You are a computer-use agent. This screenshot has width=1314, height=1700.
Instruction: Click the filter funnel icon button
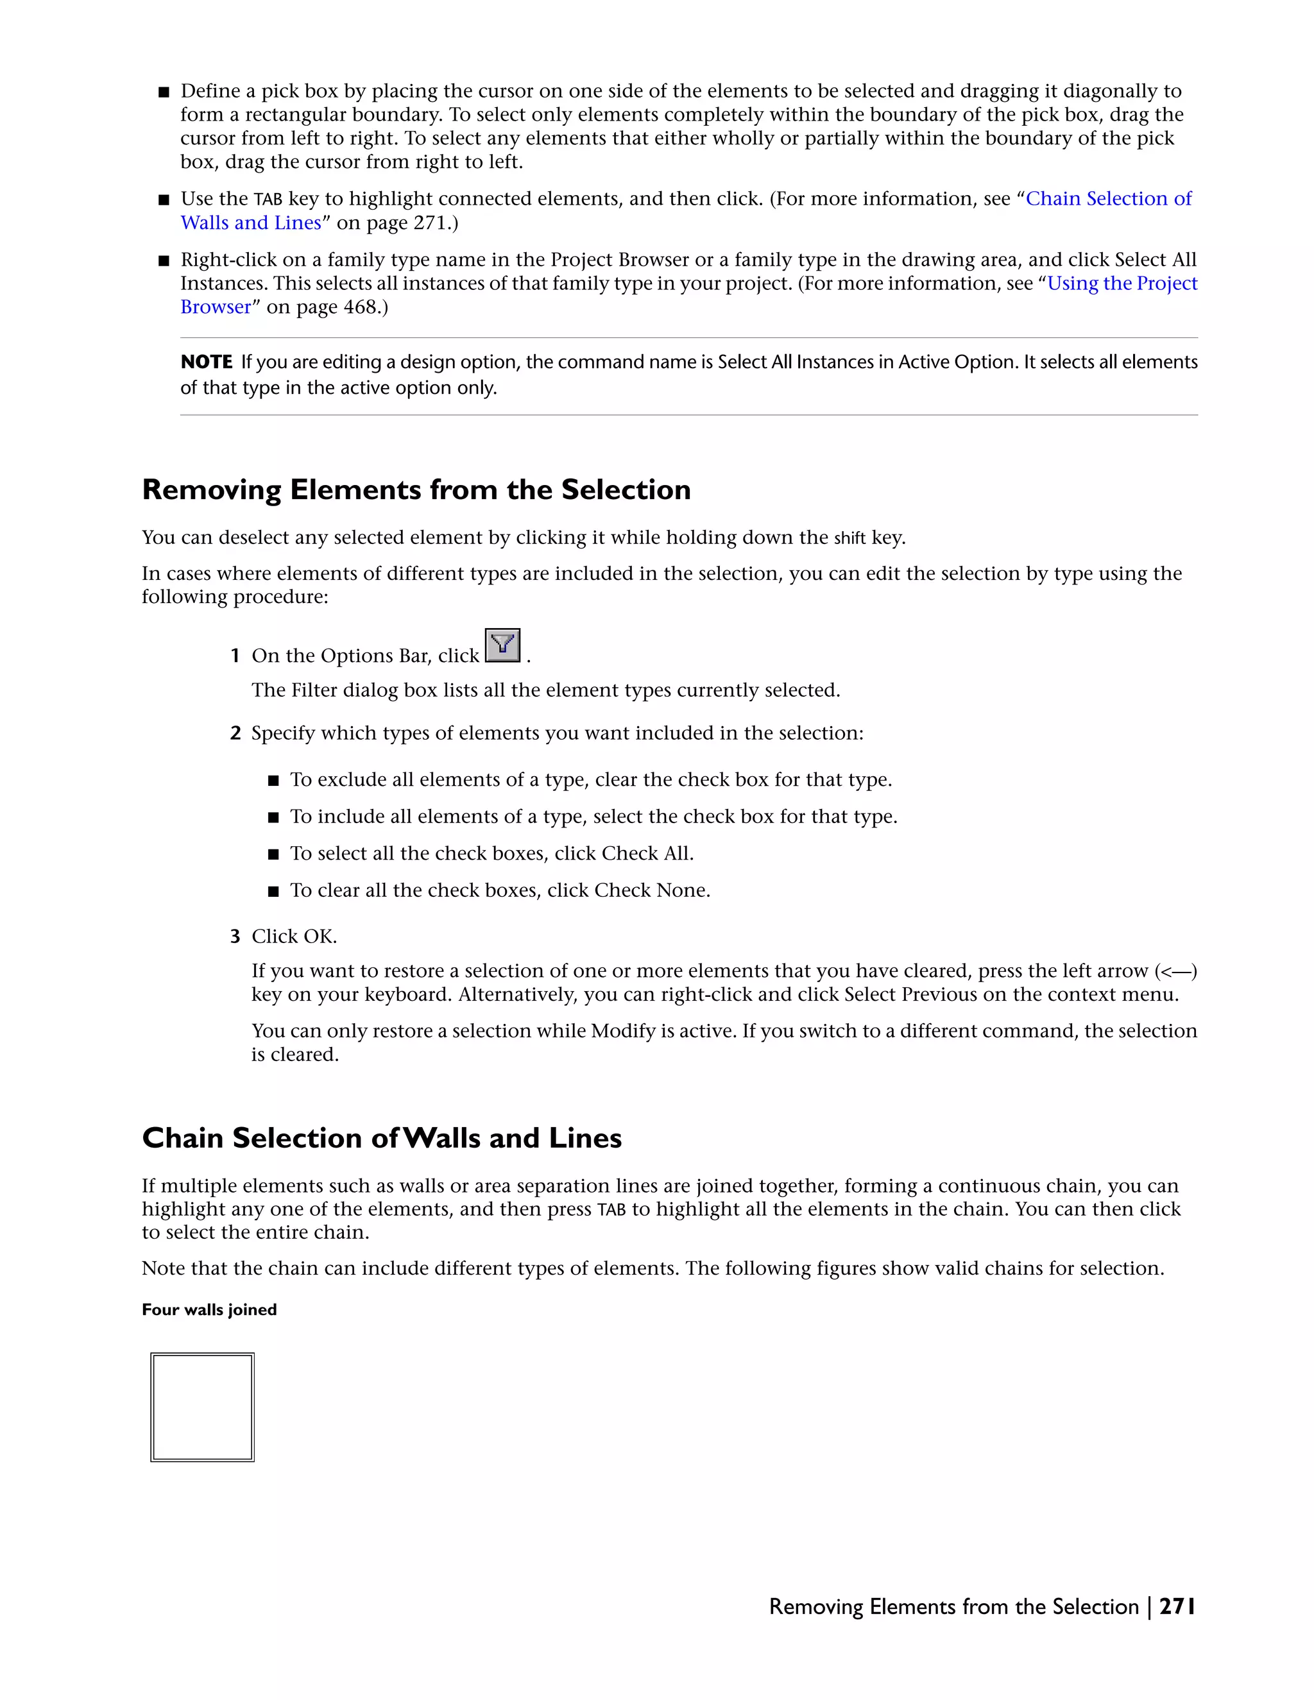502,645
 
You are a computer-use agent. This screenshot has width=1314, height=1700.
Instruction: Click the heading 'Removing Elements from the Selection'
416,489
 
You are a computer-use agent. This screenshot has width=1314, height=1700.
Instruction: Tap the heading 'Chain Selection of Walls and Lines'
382,1138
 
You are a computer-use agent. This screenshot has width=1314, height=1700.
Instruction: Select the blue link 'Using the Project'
1122,284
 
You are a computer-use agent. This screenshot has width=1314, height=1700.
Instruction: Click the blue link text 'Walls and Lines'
251,223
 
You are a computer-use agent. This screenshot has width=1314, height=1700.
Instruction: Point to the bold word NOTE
207,362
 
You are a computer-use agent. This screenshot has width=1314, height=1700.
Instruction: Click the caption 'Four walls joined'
209,1309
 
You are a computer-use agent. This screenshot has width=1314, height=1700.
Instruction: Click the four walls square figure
202,1407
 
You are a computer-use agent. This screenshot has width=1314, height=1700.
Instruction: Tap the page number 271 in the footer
1176,1606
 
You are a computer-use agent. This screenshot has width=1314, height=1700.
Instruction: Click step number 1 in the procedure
234,656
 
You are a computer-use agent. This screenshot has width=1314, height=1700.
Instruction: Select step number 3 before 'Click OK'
234,937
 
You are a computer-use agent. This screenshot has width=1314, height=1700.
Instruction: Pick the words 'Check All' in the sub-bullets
645,854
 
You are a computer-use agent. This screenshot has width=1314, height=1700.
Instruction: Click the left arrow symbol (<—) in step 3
1175,971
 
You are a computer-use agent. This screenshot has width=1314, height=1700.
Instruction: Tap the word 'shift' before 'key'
849,538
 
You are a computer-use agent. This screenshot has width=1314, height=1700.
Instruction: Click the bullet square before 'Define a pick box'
164,92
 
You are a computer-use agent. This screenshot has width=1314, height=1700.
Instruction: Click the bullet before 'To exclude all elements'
273,781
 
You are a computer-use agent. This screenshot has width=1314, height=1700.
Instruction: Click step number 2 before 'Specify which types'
234,733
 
